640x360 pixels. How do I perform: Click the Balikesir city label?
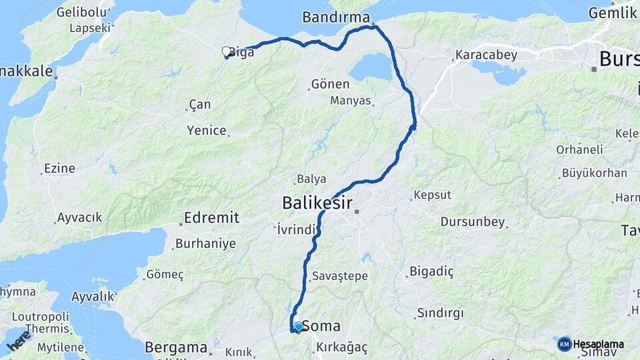tap(317, 201)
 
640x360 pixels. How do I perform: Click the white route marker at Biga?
tap(226, 51)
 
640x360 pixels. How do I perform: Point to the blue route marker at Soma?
tap(298, 326)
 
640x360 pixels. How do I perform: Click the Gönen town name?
tap(330, 85)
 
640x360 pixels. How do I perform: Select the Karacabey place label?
tap(486, 55)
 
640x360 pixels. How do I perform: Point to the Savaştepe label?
tap(339, 276)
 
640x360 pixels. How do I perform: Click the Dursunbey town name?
tap(473, 221)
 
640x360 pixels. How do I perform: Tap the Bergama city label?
tap(176, 347)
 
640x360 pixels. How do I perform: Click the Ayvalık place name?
tap(93, 295)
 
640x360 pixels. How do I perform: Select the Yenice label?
tap(207, 131)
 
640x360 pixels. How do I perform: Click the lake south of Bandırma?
tap(370, 67)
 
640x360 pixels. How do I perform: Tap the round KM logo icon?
tap(564, 344)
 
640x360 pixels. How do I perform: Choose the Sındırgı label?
tap(440, 313)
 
